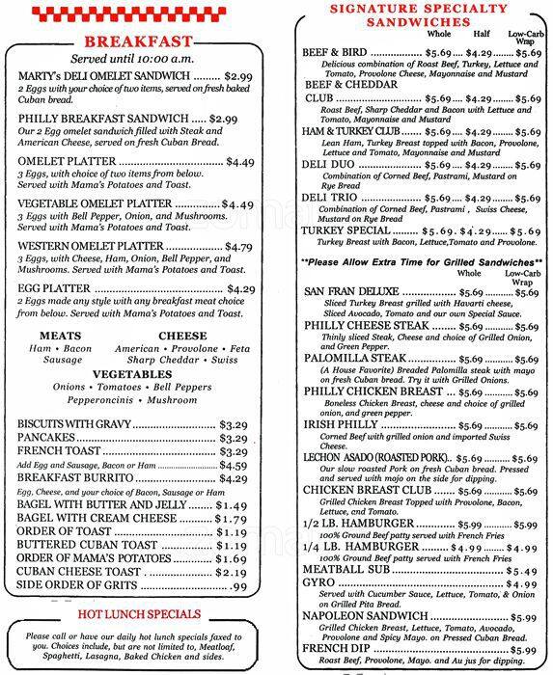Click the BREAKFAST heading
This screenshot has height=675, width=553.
(138, 41)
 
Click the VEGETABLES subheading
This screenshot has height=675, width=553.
(137, 373)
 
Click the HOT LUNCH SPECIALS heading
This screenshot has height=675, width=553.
(138, 613)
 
